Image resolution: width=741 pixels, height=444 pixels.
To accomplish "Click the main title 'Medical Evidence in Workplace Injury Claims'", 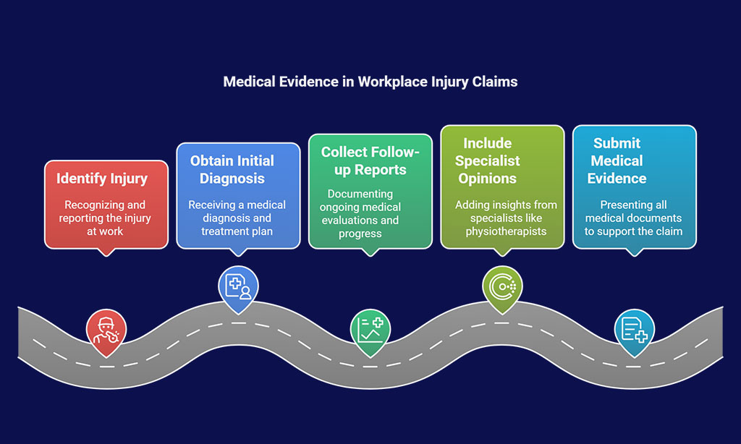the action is (370, 82).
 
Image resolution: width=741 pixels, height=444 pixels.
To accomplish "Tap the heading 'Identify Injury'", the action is (102, 179).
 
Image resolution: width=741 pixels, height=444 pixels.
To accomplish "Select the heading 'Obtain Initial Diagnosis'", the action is (232, 169).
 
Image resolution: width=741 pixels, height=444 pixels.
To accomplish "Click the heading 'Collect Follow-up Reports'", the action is (370, 161).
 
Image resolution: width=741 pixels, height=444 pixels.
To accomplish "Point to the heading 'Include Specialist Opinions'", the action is (487, 161).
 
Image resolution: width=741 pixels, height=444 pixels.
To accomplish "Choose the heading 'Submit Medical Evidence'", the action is (617, 161).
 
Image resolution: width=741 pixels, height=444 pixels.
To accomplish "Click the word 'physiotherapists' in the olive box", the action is (506, 231).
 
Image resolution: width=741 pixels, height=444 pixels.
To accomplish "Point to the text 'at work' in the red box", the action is (105, 231).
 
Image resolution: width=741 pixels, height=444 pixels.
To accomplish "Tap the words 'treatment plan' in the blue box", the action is (237, 231).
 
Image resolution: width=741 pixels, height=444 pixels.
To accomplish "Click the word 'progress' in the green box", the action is (360, 234).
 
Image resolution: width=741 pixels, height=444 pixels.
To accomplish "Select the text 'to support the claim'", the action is (633, 231).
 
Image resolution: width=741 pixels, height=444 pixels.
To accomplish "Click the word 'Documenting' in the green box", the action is (360, 194).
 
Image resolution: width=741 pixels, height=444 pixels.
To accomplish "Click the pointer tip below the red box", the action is (106, 256).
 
